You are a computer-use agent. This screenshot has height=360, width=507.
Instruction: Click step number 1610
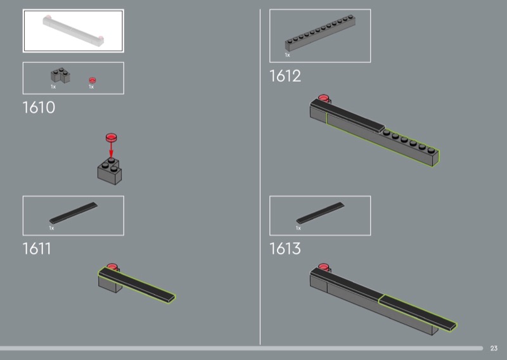(x=39, y=107)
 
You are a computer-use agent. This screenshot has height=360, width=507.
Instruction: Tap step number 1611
(x=37, y=248)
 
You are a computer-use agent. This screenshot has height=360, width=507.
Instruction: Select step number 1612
(x=285, y=76)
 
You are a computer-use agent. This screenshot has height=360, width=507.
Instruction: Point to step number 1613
(x=285, y=248)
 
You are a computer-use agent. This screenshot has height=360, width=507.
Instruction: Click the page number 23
(x=494, y=348)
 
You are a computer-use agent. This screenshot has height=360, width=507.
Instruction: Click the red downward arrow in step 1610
(x=111, y=150)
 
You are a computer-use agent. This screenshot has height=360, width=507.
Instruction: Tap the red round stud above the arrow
(x=112, y=138)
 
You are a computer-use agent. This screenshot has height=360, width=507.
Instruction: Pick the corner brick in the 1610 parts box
(x=60, y=75)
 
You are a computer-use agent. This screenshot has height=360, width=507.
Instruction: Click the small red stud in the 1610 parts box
(x=93, y=80)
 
